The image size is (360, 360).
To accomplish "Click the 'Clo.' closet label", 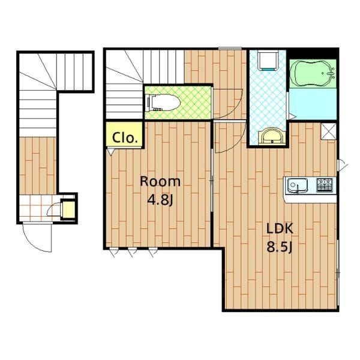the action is coord(125,138).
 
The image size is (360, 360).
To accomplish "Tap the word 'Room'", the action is coord(160,182).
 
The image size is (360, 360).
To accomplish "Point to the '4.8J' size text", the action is coord(160,200).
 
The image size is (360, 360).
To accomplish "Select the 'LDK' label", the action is coord(280,229).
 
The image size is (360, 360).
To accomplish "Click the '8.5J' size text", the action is coord(279,247).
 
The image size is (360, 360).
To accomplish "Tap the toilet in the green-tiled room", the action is coord(163,103).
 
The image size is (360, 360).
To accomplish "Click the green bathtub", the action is coord(313,73).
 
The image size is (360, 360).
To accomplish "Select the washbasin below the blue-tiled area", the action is coord(272,136).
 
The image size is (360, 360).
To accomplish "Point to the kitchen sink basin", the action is coord(298,185).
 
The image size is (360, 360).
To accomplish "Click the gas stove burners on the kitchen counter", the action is coord(325,185).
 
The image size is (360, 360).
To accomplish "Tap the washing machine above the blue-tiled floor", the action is coord(268,60).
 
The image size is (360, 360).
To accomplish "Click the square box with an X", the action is coord(328,131).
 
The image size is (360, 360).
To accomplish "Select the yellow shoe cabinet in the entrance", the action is coord(68,209).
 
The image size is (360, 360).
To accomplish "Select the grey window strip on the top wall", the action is coord(230,49).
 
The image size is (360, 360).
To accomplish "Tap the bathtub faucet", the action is coord(331,73).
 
